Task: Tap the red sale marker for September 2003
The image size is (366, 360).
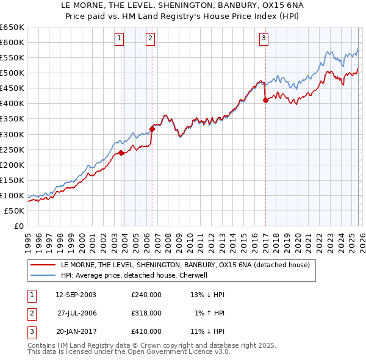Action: (x=121, y=153)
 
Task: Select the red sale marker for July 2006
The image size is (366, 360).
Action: (x=152, y=128)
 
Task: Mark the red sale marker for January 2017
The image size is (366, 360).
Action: (x=265, y=101)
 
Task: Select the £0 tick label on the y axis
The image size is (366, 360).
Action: (x=18, y=226)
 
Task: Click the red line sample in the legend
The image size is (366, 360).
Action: (x=43, y=265)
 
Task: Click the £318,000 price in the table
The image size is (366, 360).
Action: (x=146, y=313)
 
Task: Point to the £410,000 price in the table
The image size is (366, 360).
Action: (x=146, y=331)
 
